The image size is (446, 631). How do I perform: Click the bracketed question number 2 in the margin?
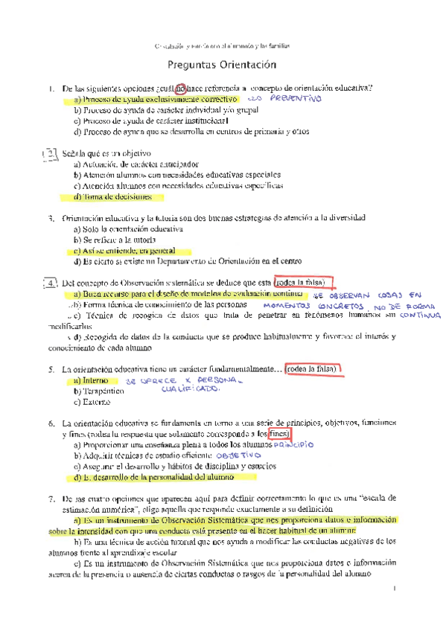coord(49,155)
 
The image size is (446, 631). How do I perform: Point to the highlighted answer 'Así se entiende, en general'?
coord(129,252)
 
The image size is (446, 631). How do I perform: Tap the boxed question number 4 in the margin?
coord(50,284)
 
